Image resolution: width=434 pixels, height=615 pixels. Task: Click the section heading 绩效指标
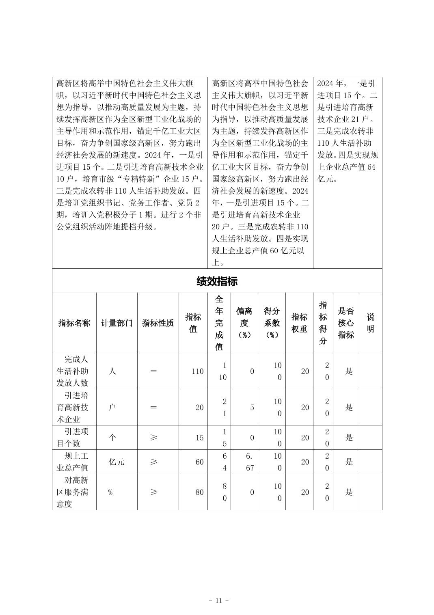tap(217, 281)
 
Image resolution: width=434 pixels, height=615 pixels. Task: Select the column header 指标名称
tap(74, 323)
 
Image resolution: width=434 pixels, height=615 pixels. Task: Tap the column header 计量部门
tap(117, 323)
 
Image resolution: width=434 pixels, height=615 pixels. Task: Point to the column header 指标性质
tap(158, 323)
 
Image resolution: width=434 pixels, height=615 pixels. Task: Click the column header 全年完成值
tap(219, 323)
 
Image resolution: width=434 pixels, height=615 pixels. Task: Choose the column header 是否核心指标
tap(346, 323)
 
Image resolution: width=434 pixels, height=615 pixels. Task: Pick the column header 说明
tap(370, 323)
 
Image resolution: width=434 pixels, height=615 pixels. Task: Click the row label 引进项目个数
tap(74, 438)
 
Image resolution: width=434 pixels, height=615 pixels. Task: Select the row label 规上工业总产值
tap(74, 462)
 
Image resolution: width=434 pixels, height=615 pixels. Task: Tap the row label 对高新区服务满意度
tap(74, 492)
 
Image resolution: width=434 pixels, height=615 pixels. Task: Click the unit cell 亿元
tap(117, 462)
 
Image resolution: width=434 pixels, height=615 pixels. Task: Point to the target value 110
tap(197, 371)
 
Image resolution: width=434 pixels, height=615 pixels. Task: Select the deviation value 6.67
tap(250, 462)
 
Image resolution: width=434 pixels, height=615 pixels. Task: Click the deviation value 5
tap(252, 408)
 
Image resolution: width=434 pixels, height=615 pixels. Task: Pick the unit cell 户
tap(112, 408)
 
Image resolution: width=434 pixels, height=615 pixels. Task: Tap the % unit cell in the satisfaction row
tap(110, 492)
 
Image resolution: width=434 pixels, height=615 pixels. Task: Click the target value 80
tap(199, 492)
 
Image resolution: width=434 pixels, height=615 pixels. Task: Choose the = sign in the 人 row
tap(153, 371)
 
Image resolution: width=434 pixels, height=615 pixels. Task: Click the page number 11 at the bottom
tap(218, 600)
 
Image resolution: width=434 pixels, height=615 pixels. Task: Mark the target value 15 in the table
tap(199, 438)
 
